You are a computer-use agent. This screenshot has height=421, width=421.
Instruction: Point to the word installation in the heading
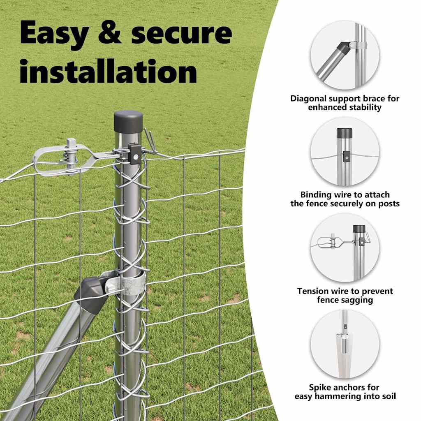pyautogui.click(x=108, y=72)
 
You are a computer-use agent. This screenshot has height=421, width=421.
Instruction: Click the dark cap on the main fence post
pyautogui.click(x=128, y=121)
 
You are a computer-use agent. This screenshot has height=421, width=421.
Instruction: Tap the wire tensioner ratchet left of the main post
pyautogui.click(x=69, y=160)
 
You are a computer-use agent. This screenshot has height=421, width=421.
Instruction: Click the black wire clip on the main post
pyautogui.click(x=135, y=153)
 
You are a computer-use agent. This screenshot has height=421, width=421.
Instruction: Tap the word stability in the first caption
pyautogui.click(x=366, y=107)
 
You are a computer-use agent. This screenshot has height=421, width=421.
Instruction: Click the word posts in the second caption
pyautogui.click(x=389, y=204)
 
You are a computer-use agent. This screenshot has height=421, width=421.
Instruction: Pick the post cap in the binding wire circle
pyautogui.click(x=345, y=133)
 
